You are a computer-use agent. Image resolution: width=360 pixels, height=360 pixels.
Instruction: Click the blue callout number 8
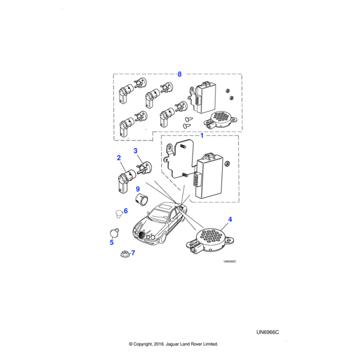(x=179, y=74)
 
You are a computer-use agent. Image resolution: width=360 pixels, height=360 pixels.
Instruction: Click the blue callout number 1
(x=202, y=136)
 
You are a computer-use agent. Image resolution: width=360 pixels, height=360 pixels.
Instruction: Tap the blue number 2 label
(x=119, y=158)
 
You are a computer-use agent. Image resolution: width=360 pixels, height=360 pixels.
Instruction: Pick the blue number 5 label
(x=112, y=242)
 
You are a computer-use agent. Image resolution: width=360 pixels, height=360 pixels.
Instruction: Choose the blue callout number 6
(x=125, y=211)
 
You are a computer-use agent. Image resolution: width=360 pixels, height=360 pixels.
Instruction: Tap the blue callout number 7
(x=133, y=253)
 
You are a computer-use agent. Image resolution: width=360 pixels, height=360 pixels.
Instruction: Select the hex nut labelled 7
(x=122, y=254)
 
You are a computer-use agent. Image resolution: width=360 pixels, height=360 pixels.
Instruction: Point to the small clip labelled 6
(x=118, y=212)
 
